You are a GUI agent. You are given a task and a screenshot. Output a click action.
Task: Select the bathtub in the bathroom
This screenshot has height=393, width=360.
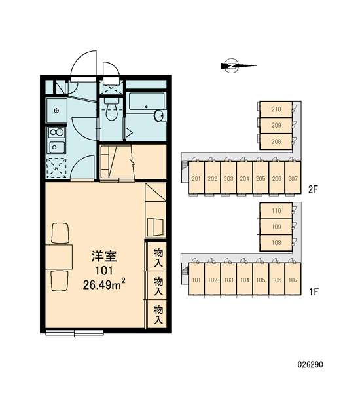pos(146,102)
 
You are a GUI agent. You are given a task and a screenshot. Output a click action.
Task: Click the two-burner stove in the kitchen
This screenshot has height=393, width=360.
pos(56,132)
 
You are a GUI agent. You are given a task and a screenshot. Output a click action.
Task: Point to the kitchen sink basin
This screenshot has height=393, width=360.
pos(57,147)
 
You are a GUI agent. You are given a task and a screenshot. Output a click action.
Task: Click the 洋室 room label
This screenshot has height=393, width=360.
pos(104,256)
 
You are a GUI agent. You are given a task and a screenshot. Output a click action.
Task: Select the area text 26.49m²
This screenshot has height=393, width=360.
pos(104,285)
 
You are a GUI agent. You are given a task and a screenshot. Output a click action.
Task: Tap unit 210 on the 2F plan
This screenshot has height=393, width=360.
pos(276,109)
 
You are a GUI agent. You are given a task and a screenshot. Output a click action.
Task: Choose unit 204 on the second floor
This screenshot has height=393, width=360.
pos(244,178)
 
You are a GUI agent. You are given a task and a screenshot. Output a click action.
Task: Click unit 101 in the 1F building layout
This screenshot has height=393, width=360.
pos(196,279)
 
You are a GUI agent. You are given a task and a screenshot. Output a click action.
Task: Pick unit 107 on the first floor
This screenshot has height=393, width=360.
pos(293,279)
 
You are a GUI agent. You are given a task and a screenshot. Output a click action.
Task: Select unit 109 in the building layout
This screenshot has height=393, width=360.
pos(276,227)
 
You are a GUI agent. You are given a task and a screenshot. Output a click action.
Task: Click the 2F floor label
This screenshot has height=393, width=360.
pos(313,190)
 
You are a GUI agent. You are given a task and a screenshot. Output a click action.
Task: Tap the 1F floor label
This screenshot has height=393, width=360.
pos(313,291)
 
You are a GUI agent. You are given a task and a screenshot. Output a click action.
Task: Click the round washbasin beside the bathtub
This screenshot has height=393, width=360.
pos(159,115)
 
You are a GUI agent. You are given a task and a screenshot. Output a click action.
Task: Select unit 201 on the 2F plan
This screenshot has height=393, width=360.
pos(196,178)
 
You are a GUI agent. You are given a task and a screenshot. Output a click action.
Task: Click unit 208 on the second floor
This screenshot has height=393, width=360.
pos(276,141)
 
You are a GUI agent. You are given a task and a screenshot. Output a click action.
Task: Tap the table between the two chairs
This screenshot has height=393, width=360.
pos(59,257)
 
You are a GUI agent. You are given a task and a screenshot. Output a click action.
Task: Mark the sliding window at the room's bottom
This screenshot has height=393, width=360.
pos(75,333)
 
